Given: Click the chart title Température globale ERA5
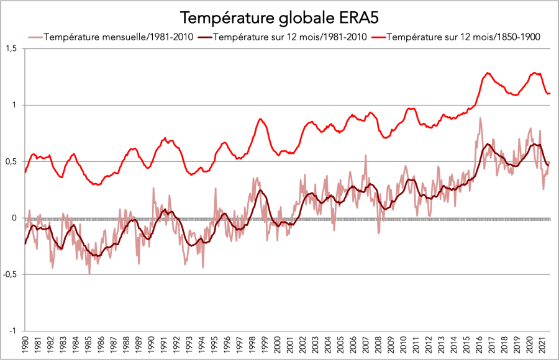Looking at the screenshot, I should tap(279, 16).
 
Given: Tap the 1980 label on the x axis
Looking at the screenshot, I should tap(25, 346).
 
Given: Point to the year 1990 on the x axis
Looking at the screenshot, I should tap(150, 346).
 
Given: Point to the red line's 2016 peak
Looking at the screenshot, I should tap(488, 73).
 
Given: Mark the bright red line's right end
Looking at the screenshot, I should tap(550, 93).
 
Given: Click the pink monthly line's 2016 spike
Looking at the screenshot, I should tap(480, 118).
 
